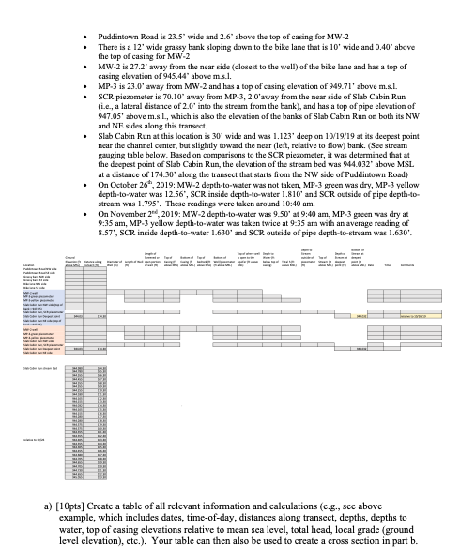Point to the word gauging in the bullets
pyautogui.click(x=110, y=161)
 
